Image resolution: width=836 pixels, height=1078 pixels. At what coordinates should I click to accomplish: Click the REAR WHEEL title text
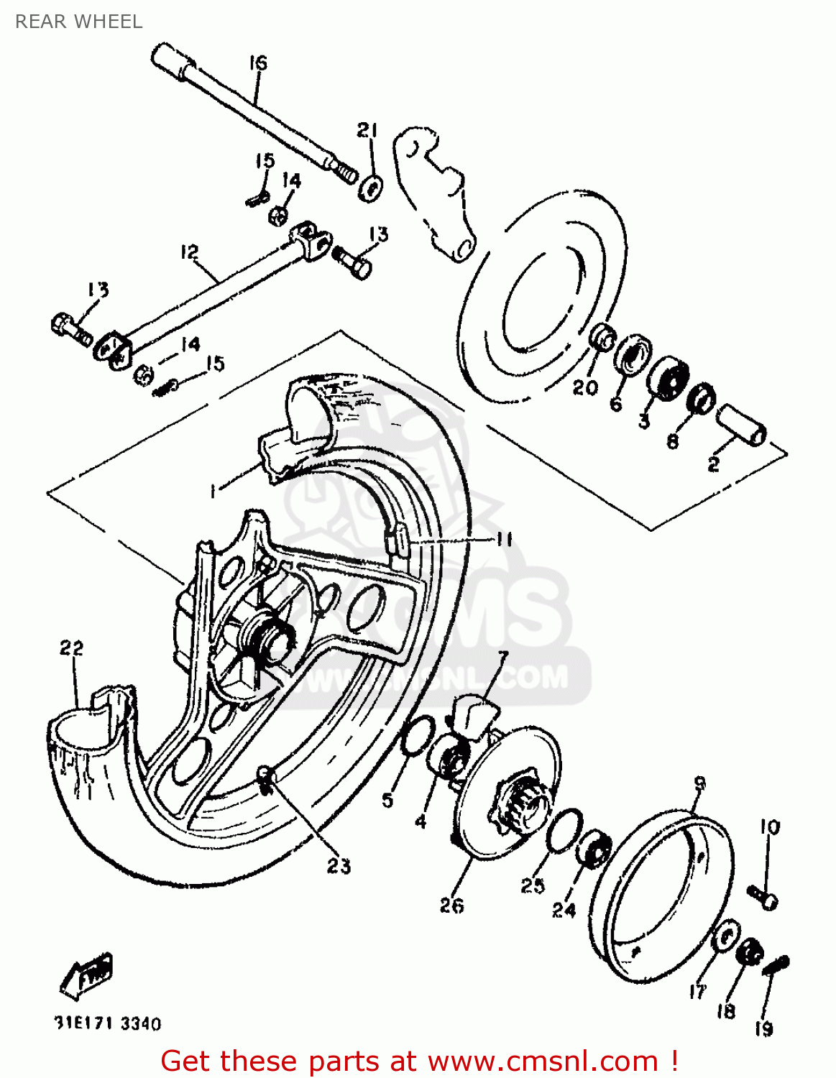click(78, 22)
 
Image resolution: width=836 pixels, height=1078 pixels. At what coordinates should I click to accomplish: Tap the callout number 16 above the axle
click(258, 63)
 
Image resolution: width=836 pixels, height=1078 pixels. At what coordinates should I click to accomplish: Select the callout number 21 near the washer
click(367, 130)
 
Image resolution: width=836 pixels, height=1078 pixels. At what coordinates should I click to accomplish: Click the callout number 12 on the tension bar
click(189, 252)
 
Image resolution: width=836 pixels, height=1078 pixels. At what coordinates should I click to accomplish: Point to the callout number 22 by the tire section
click(71, 648)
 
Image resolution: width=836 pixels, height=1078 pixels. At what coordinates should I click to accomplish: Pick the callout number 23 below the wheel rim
click(339, 866)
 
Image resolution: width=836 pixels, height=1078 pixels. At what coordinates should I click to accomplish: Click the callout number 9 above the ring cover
click(699, 783)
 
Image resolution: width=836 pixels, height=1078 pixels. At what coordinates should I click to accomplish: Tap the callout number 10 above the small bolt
click(769, 827)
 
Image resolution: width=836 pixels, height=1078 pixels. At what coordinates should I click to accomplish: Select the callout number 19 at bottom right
click(763, 1028)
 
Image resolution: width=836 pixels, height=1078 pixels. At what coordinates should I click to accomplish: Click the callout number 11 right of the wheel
click(504, 539)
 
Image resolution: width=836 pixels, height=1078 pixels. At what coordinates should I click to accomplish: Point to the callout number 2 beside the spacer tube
click(713, 464)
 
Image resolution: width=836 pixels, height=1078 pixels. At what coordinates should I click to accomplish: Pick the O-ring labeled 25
click(564, 830)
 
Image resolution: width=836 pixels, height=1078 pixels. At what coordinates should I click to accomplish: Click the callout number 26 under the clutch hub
click(451, 906)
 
